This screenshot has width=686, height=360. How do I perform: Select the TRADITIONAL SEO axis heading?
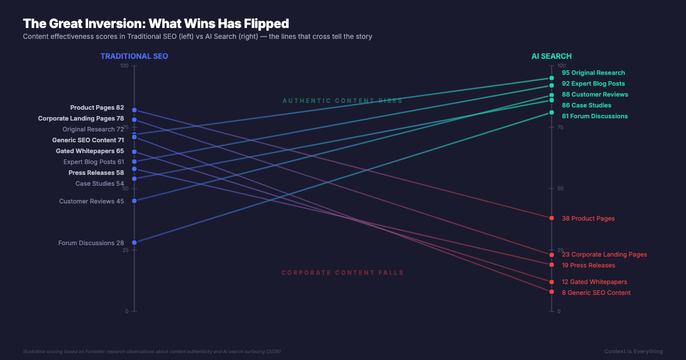(x=134, y=56)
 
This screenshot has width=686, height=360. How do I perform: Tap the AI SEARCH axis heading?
(x=552, y=56)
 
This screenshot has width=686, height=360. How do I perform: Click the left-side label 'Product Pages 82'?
(x=97, y=107)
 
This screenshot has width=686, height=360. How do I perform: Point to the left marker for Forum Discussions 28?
(x=134, y=242)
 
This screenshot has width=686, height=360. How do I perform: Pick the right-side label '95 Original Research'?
(x=593, y=73)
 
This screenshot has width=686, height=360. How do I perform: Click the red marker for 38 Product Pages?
(x=552, y=218)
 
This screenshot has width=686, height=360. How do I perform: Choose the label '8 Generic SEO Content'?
(x=596, y=293)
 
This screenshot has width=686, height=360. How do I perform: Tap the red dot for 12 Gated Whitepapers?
(x=552, y=282)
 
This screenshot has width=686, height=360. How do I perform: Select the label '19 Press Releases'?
(x=588, y=265)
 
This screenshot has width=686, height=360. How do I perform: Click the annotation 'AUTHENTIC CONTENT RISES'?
(x=342, y=101)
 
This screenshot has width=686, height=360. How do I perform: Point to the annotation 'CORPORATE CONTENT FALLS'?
(x=342, y=273)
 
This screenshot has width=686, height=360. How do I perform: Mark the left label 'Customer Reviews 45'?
(x=91, y=201)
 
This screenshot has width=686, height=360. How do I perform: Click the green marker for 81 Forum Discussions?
(x=552, y=113)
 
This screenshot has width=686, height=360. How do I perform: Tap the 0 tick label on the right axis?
(x=559, y=311)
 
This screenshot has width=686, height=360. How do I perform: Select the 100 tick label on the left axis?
(x=125, y=66)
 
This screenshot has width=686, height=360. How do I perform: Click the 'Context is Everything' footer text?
(x=633, y=351)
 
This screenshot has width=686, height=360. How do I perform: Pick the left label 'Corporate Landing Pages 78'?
(x=81, y=118)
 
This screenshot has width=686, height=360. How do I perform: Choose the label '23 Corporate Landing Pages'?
(x=604, y=254)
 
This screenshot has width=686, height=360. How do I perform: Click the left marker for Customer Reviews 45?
(x=134, y=201)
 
